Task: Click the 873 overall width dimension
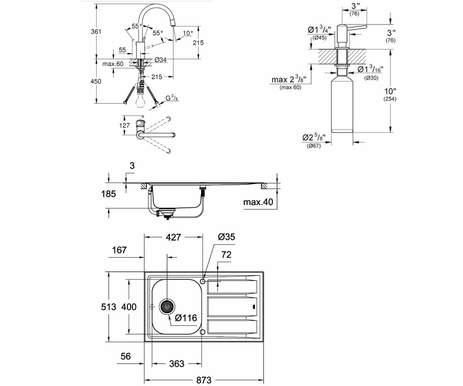pos(204,380)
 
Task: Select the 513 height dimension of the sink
pos(108,307)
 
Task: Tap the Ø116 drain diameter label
pos(186,318)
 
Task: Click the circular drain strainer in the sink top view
pos(167,307)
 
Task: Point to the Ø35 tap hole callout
pos(226,237)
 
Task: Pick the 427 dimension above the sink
pos(173,237)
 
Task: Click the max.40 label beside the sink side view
pos(258,202)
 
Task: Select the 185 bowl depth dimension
pos(108,194)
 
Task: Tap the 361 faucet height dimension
pos(96,32)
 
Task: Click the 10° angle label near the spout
pos(188,33)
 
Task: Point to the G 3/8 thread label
pos(172,98)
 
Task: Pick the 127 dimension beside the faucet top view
pos(124,125)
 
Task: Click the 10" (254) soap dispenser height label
pos(390,95)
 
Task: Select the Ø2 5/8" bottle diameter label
pos(314,141)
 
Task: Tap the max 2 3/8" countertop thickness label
pos(289,82)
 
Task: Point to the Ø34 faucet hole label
pos(161,60)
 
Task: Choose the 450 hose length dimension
pos(96,81)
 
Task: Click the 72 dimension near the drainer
pos(226,255)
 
